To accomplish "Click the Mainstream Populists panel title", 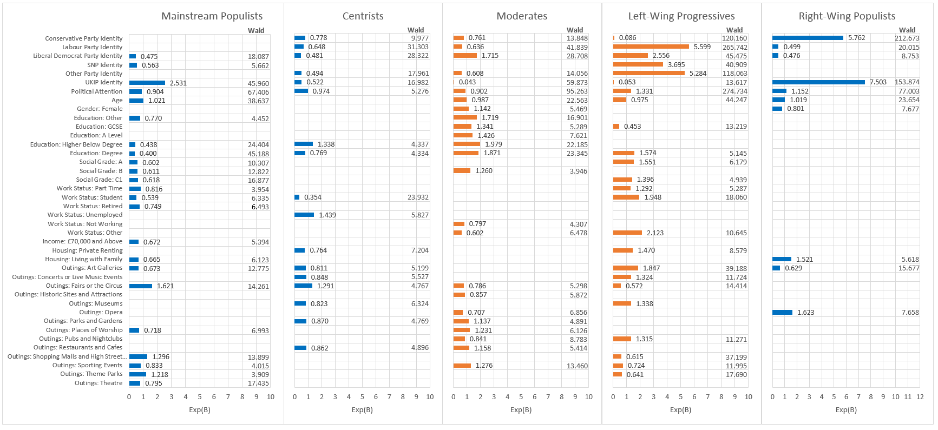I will point(212,16).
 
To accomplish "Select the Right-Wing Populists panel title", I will point(847,16).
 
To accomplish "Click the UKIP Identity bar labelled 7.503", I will point(818,82).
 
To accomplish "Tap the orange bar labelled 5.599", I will point(651,47).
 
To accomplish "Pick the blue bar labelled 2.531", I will point(147,83).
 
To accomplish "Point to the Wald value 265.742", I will point(734,48).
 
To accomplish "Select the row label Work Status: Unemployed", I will point(85,215).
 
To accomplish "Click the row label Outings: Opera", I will point(101,312).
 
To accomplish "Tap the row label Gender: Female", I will point(100,109).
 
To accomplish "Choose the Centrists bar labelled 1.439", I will point(304,215).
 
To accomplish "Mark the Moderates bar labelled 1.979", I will point(467,144).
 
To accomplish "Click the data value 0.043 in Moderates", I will point(467,82).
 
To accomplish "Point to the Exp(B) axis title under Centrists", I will point(362,410).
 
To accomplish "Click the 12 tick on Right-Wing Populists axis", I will point(920,397).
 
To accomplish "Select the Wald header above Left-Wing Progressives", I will point(734,30).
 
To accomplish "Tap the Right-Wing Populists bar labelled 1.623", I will point(782,312).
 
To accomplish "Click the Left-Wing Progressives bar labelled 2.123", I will point(627,233).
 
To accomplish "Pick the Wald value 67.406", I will point(258,92).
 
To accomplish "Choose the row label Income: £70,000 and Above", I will point(82,241).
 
